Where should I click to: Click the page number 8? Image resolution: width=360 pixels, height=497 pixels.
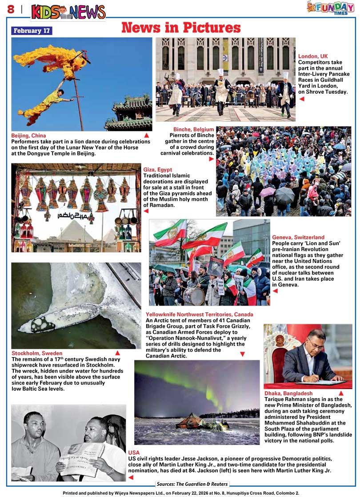coord(10,9)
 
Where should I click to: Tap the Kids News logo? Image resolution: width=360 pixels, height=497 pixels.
coord(68,12)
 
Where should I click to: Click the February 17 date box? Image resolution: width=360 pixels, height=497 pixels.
coord(32,31)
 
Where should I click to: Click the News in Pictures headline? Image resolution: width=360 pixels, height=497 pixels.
coord(181,28)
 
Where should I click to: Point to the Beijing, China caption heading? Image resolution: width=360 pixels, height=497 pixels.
coord(28,135)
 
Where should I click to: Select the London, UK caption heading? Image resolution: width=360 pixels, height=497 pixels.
coord(313,56)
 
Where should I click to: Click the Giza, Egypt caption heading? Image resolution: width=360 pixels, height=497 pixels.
coord(157,170)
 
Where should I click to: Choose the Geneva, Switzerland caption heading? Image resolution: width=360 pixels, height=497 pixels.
coord(298,238)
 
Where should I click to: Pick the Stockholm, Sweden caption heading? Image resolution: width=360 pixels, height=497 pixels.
coord(37,354)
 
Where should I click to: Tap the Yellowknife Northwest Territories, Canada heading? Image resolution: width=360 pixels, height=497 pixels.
coord(200,315)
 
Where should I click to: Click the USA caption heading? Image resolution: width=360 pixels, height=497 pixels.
coord(134,453)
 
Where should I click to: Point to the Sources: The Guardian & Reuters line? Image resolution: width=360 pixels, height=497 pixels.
coord(192,484)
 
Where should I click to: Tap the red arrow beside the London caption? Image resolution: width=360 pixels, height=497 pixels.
coord(302,99)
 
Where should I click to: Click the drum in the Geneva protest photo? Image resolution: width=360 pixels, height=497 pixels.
coord(194,296)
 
